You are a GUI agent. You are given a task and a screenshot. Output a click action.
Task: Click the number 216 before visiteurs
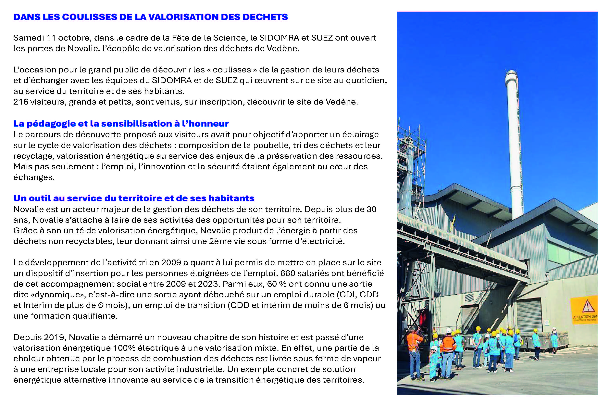(x=21, y=102)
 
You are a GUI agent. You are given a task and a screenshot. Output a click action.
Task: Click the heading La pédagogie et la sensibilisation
(x=121, y=123)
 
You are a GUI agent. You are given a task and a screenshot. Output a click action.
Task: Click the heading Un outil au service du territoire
(x=134, y=198)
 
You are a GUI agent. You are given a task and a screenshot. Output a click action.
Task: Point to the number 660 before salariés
(x=288, y=273)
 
